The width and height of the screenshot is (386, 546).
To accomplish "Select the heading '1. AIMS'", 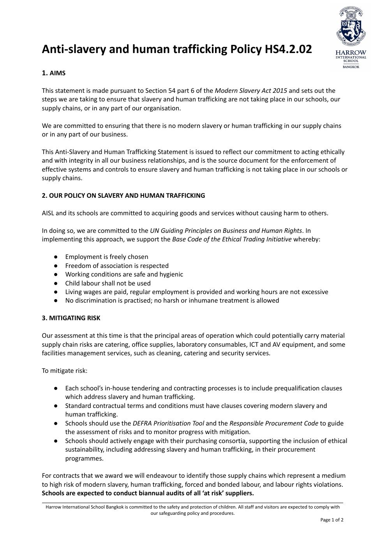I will (54, 73).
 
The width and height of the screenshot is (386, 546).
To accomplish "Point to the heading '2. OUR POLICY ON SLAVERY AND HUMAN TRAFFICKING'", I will (123, 195).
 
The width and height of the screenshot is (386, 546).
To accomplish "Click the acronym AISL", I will (48, 213).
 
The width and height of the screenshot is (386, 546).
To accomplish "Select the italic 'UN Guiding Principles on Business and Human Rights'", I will (226, 230).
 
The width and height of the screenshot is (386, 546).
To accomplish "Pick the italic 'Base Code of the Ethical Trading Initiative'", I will (232, 239).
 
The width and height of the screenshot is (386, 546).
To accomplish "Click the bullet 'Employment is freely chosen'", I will (107, 257).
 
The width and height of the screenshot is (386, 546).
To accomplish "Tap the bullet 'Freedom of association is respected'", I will (117, 266).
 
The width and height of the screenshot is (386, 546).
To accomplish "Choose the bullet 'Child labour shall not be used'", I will (108, 283).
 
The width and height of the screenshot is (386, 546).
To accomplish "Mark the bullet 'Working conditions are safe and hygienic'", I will (124, 274).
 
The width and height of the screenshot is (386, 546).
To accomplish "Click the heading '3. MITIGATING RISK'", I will (71, 318).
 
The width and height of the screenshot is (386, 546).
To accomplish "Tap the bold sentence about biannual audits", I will (148, 493).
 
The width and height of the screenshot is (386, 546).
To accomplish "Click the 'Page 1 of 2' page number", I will (332, 520).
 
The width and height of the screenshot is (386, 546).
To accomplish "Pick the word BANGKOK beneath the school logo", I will (351, 67).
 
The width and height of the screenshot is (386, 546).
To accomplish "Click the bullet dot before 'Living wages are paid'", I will (56, 292).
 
